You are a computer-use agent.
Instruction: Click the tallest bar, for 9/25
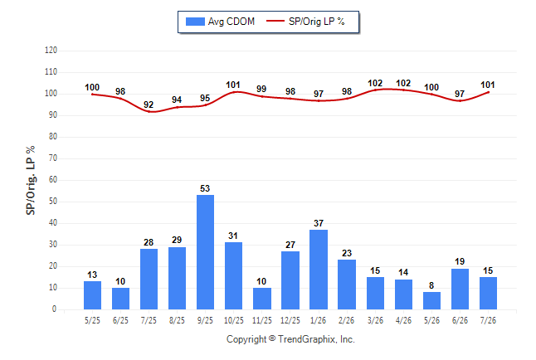205,252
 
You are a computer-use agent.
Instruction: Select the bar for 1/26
319,270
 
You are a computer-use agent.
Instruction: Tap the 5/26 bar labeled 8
431,300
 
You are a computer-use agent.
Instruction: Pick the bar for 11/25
262,299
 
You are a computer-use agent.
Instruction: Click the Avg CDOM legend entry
220,22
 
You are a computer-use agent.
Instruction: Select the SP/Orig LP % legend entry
305,22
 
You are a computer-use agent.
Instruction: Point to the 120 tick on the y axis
51,51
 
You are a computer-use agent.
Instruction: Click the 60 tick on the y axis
53,180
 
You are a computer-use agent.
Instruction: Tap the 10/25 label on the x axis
233,320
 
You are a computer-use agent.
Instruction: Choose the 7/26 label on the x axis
488,320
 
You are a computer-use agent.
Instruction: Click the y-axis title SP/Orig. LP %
31,180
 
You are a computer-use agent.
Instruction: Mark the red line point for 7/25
149,111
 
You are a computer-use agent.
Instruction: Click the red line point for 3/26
375,90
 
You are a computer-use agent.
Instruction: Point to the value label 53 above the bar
205,188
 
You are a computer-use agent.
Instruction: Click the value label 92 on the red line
149,105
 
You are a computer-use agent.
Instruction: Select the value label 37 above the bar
319,223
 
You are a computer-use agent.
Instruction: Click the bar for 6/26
460,289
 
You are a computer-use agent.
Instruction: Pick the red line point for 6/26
460,101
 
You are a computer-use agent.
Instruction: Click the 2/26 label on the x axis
346,320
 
